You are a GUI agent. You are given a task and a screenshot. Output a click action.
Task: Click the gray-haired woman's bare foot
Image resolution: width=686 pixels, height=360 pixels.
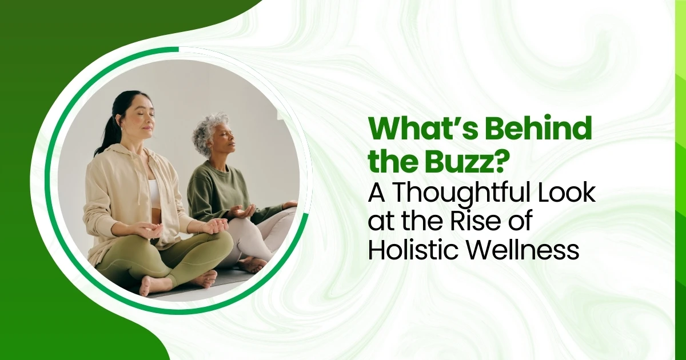click(x=252, y=264)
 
